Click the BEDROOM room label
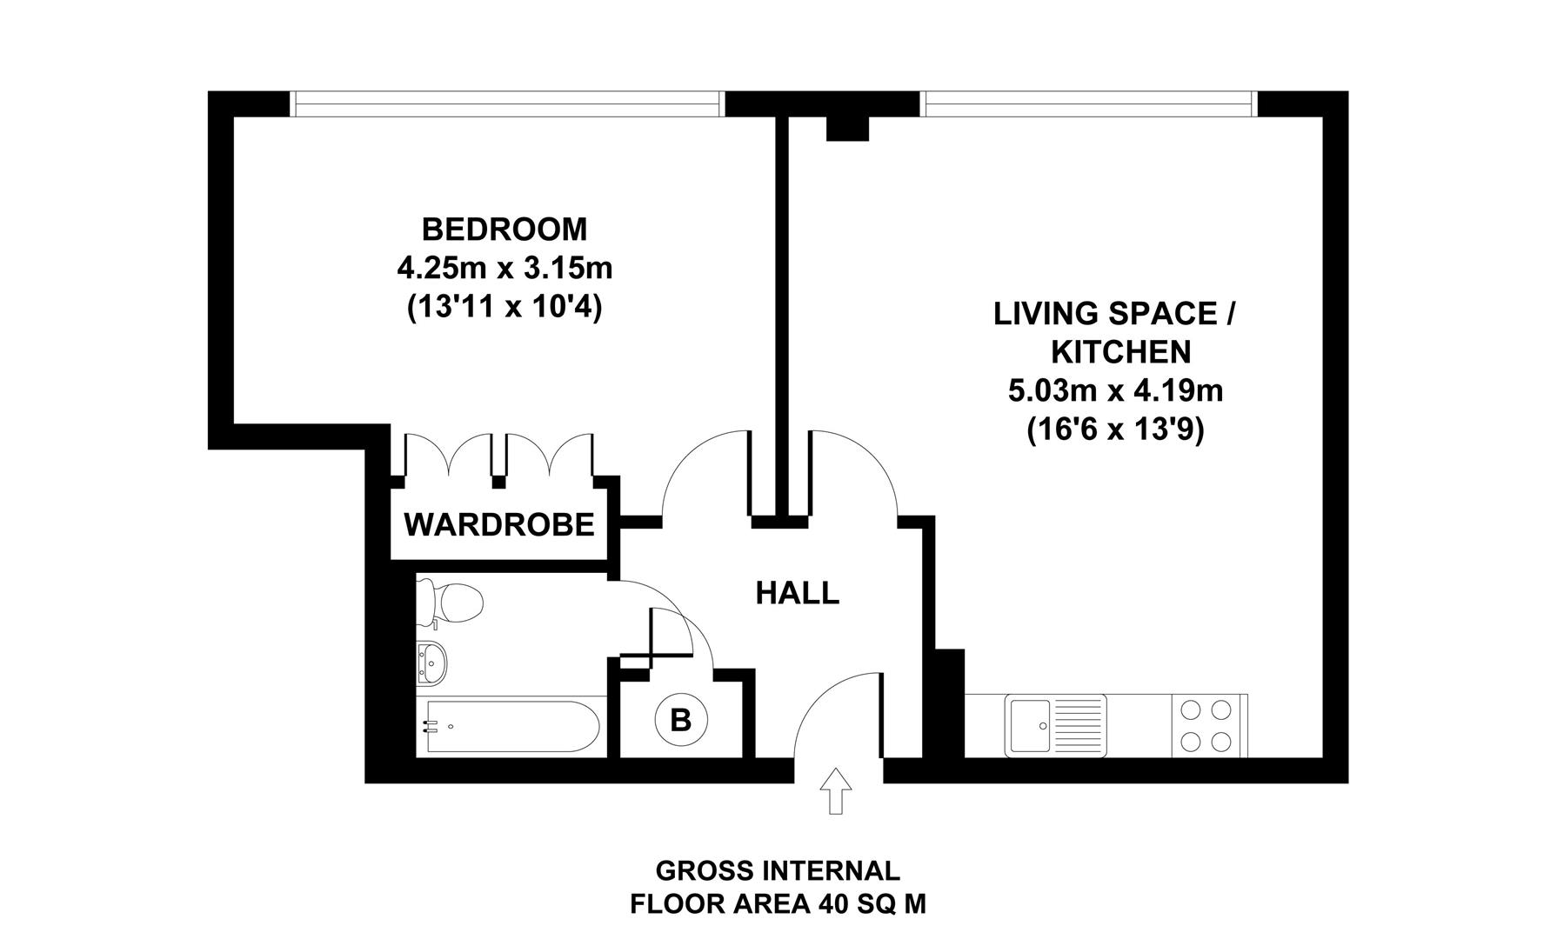pos(505,230)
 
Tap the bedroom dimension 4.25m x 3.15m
pos(505,268)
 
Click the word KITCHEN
pos(1121,352)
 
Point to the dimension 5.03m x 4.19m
pos(1115,391)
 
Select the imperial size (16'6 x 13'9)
pos(1115,430)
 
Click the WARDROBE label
pos(499,525)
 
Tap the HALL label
pos(797,593)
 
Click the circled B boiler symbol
pos(681,720)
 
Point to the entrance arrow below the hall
pos(836,790)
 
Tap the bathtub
pos(508,728)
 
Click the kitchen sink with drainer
pos(1054,723)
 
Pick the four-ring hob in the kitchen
pos(1209,723)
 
